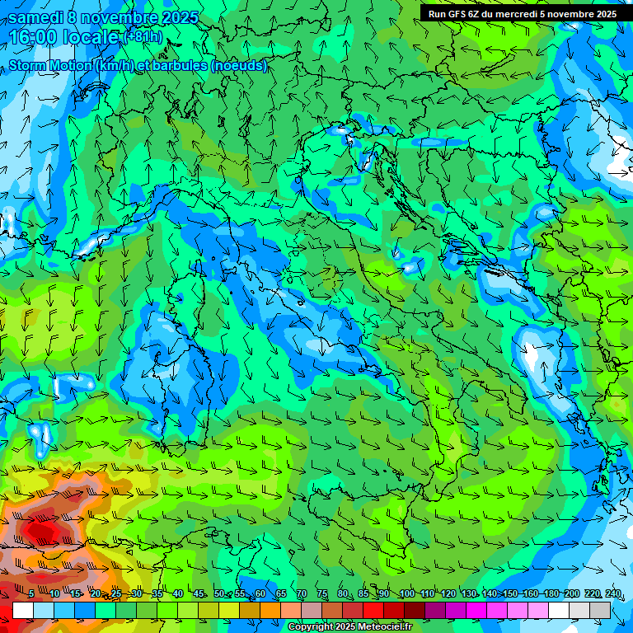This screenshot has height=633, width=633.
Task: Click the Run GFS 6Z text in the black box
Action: (x=453, y=14)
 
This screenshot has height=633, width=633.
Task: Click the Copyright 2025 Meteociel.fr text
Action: (x=350, y=627)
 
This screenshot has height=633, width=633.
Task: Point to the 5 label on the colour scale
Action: (x=31, y=594)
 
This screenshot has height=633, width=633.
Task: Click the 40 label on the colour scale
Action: (x=177, y=594)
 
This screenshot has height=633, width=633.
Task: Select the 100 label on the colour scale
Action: (x=406, y=594)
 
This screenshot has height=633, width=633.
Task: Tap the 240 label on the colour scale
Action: (x=613, y=594)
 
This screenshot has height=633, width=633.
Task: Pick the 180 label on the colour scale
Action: (x=551, y=594)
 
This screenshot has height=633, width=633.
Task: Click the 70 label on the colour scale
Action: (x=302, y=594)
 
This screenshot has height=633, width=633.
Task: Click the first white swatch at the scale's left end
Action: (x=23, y=610)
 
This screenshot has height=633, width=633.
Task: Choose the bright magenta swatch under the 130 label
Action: (x=476, y=610)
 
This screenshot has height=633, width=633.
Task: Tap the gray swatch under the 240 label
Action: (x=600, y=610)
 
